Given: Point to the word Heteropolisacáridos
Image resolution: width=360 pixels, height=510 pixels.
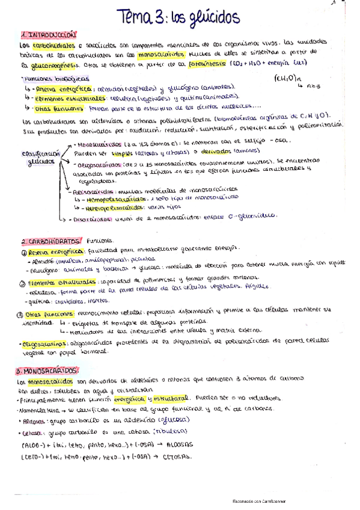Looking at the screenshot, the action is (x=111, y=206).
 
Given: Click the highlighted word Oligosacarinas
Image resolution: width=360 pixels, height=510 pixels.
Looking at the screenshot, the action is (x=44, y=343).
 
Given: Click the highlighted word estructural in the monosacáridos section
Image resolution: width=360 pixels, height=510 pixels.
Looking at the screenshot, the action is (x=174, y=398).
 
